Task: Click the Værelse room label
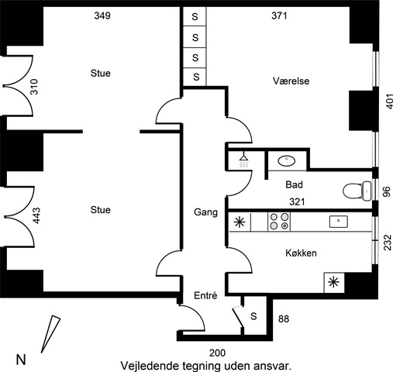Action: (291, 81)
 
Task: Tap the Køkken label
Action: (301, 253)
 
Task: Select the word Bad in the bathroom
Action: (294, 184)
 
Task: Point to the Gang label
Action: (205, 212)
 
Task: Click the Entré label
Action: (205, 295)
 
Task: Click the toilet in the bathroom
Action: (357, 191)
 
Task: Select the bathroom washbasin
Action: (287, 161)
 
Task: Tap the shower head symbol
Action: (243, 160)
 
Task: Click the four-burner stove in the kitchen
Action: (279, 222)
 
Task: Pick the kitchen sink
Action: (339, 222)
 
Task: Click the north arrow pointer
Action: (50, 334)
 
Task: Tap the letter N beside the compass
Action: (21, 360)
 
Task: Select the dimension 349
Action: (102, 15)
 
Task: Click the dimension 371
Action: (279, 15)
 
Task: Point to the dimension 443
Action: (36, 215)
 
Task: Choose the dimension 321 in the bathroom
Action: (297, 201)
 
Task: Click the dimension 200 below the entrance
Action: (217, 353)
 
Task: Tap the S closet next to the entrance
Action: (253, 316)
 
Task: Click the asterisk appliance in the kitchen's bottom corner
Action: (333, 282)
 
